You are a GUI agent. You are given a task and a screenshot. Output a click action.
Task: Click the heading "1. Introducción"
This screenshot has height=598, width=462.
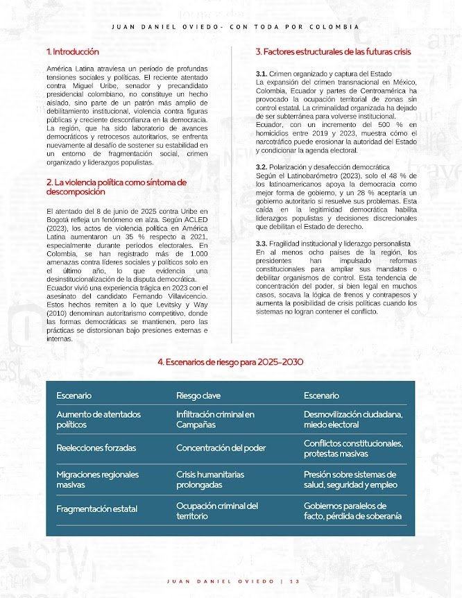pos(73,52)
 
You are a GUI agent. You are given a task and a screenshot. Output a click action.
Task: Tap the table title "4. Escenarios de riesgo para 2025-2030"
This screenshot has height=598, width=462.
pos(230,362)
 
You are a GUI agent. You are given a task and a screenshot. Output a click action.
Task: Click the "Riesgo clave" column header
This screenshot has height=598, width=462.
pos(198,395)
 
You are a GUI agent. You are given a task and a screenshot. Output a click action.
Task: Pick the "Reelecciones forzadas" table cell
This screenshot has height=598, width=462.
pos(96,448)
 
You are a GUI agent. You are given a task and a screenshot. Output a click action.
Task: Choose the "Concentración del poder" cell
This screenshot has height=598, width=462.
pos(221,448)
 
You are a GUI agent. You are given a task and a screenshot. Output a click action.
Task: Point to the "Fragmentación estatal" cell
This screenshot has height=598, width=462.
pos(97,509)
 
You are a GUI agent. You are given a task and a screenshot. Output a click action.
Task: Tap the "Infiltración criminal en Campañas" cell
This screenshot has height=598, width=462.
pos(215,419)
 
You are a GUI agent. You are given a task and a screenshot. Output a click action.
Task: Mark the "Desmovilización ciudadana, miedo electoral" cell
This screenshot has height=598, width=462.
pos(353,419)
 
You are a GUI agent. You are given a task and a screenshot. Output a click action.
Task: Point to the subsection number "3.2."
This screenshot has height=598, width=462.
pos(262,167)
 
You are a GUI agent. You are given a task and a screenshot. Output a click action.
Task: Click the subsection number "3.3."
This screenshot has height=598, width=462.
pos(262,244)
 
